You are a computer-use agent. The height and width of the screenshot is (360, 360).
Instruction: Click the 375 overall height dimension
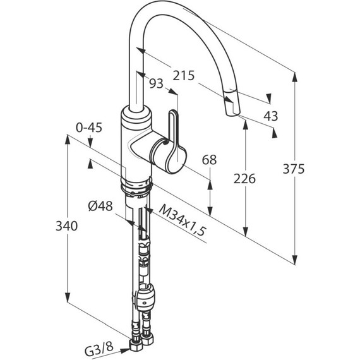[x=294, y=169]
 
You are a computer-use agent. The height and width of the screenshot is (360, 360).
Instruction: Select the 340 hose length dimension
[x=66, y=226]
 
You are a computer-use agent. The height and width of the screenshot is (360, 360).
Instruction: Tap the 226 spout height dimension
[x=244, y=179]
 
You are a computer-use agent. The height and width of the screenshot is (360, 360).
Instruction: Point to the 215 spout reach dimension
[x=184, y=76]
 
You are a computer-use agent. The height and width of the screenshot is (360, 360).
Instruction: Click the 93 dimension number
[x=157, y=83]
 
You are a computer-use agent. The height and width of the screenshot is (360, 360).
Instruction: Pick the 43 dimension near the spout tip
[x=271, y=116]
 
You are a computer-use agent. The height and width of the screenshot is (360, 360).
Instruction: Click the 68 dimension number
[x=209, y=160]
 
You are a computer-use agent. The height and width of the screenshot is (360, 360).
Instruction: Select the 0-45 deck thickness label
[x=89, y=128]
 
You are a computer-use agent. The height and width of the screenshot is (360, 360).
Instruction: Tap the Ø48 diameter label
[x=100, y=206]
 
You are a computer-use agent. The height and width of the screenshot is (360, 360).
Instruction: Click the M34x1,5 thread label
[x=181, y=220]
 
